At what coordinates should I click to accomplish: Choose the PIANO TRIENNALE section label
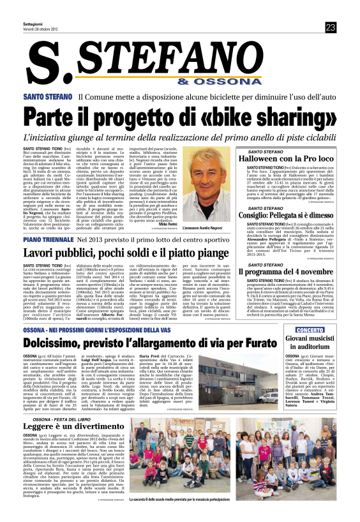tap(49, 239)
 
